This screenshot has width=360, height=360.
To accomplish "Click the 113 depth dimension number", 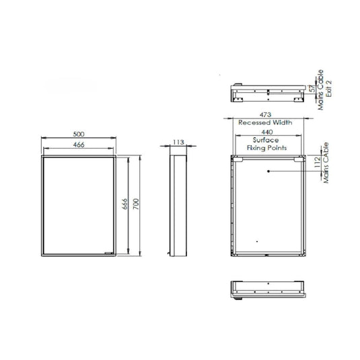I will pos(178,142).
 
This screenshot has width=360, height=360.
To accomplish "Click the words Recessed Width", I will pos(268,123).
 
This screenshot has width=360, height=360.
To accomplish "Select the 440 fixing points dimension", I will pos(268,133).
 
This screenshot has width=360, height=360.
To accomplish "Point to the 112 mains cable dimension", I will pos(317,165).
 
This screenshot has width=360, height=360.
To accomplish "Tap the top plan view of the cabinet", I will pos(268,91).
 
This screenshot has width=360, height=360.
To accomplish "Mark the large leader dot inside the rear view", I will pos(268,170).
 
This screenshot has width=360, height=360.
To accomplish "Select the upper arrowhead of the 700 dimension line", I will pos(139,157).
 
